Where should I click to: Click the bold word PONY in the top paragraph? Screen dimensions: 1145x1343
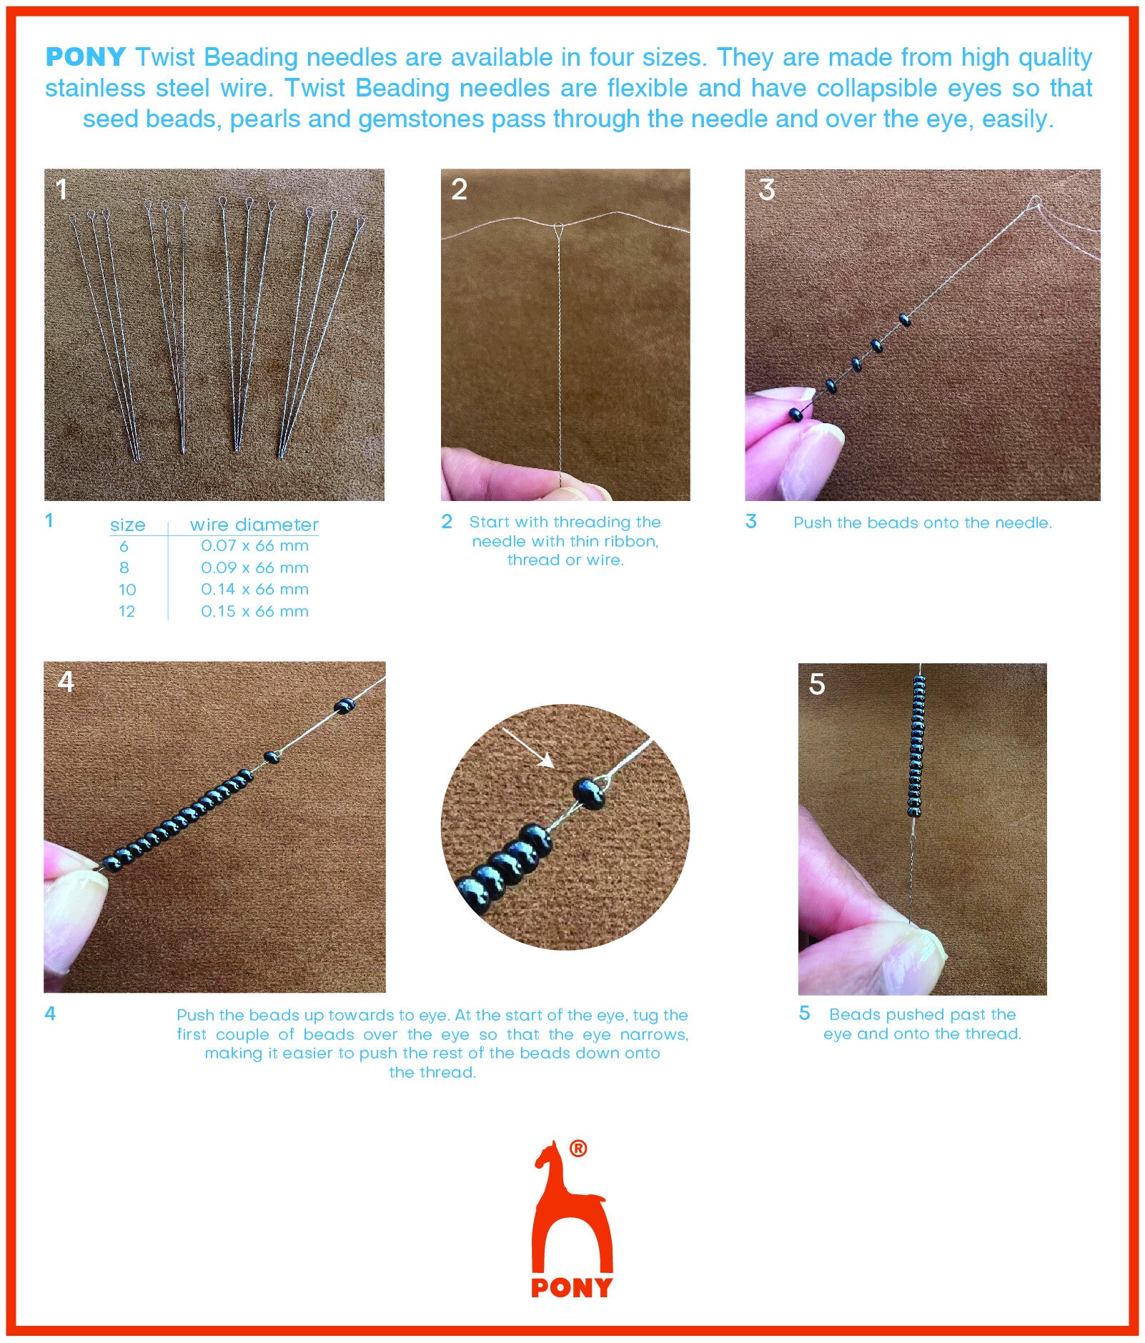[x=86, y=57]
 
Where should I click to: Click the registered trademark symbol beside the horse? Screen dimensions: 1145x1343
[x=578, y=1149]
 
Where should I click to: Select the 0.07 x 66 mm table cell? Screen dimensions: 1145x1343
[x=254, y=546]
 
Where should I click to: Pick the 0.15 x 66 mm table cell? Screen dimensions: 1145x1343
[x=254, y=612]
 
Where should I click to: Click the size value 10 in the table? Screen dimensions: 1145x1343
[x=127, y=590]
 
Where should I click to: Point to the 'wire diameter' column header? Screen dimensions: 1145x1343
[x=254, y=525]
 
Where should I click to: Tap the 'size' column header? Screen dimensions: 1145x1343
[x=128, y=525]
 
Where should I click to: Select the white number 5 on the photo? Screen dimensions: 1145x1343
[x=817, y=684]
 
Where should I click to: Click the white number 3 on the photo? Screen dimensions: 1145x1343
[x=767, y=189]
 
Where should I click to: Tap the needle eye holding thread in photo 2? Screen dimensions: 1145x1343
[x=558, y=230]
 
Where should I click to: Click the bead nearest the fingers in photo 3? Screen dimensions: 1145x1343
[x=795, y=414]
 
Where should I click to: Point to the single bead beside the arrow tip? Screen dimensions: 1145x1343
[x=590, y=793]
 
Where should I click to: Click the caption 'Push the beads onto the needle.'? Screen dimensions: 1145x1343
[x=923, y=523]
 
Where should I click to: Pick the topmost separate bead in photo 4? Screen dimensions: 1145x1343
[x=345, y=706]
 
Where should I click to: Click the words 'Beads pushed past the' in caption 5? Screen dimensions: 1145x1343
[x=923, y=1015]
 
